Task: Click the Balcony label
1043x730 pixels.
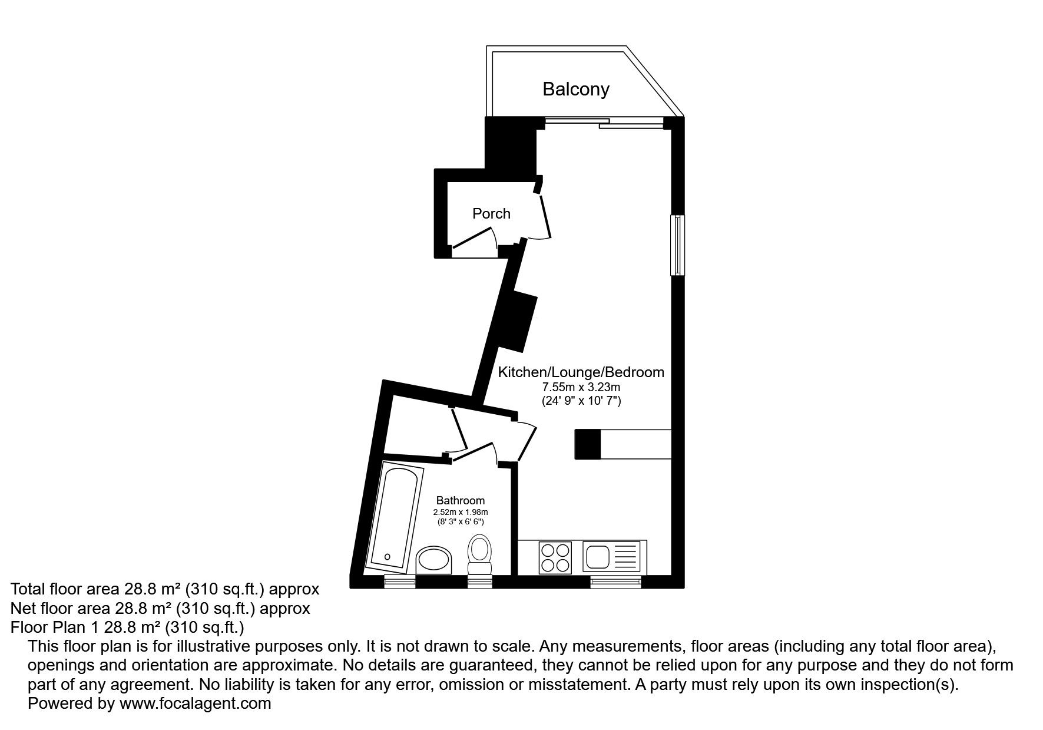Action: tap(575, 90)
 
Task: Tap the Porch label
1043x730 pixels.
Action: tap(491, 213)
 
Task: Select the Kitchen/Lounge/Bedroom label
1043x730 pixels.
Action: tap(581, 372)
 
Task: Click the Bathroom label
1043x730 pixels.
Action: tap(461, 501)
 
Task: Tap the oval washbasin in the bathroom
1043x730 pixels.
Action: tap(434, 560)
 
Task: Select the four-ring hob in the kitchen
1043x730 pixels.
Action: tap(555, 557)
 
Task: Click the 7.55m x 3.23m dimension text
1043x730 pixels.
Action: tap(581, 388)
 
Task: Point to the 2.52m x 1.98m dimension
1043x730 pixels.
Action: tap(461, 512)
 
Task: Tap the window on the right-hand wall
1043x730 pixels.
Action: tap(678, 245)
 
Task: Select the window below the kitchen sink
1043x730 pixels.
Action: tap(615, 582)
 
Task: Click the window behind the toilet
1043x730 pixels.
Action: tap(480, 582)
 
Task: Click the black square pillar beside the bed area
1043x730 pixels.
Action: tap(587, 444)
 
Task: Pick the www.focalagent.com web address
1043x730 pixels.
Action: tap(196, 703)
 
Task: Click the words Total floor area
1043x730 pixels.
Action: tap(65, 589)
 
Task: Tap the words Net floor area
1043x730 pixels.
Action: tap(61, 608)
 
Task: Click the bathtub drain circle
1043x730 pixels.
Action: tap(387, 556)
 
